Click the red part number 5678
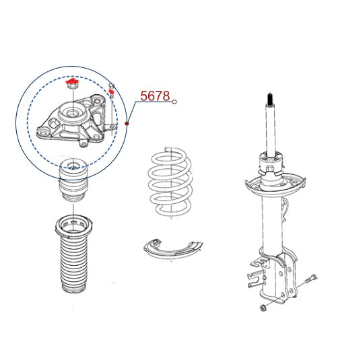pyautogui.click(x=155, y=96)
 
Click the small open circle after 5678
pyautogui.click(x=174, y=102)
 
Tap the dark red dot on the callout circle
pyautogui.click(x=127, y=124)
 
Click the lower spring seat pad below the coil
pyautogui.click(x=172, y=250)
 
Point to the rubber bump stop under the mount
pyautogui.click(x=73, y=180)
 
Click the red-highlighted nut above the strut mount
pyautogui.click(x=73, y=84)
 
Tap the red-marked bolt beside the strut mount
pyautogui.click(x=112, y=91)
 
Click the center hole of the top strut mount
pyautogui.click(x=73, y=114)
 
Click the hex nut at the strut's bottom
pyautogui.click(x=262, y=308)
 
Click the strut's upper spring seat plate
pyautogui.click(x=275, y=184)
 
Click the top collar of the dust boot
pyautogui.click(x=73, y=225)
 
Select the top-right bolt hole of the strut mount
pyautogui.click(x=98, y=100)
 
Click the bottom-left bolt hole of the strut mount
pyautogui.click(x=43, y=133)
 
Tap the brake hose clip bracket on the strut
pyautogui.click(x=258, y=274)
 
